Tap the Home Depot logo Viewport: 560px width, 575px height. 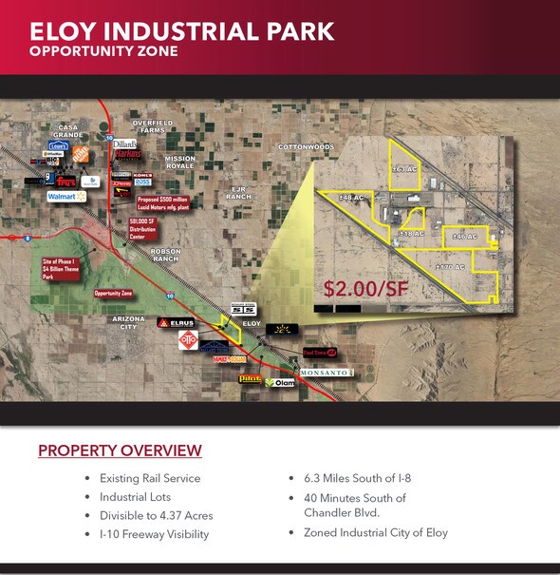pos(81,152)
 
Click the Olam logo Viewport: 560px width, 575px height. pos(282,383)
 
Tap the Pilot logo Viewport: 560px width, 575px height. pos(250,378)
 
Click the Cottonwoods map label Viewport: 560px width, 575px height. pos(306,147)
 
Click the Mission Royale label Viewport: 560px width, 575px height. pos(179,162)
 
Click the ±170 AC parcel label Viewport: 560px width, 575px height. pos(449,267)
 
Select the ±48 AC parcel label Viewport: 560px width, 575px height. pos(353,197)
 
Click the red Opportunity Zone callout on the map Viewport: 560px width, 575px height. pos(113,294)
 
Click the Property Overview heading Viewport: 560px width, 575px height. pos(120,450)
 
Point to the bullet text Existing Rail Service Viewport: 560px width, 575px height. pos(150,478)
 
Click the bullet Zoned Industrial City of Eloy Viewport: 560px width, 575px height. pos(375,532)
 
